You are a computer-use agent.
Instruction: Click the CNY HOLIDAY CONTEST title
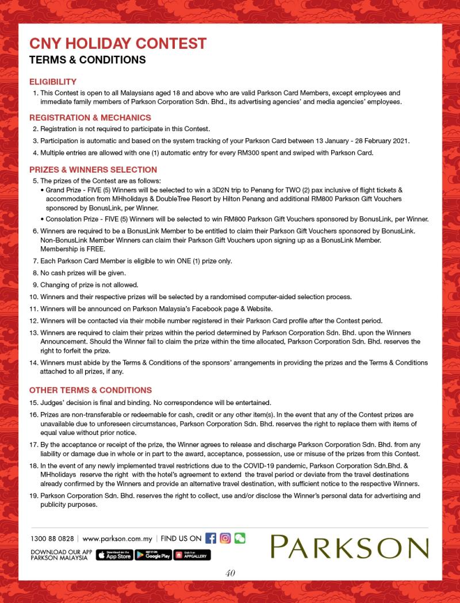coord(117,43)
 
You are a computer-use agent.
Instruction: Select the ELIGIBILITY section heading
coord(52,82)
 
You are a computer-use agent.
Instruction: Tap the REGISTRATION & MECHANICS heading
coord(90,117)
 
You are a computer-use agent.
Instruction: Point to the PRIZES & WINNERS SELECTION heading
coord(93,170)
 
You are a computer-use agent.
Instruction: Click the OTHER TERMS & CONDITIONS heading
coord(90,390)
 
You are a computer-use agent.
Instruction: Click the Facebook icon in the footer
coord(210,539)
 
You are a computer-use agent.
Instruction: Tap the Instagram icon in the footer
coord(225,539)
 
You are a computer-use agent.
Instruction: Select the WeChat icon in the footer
coord(239,539)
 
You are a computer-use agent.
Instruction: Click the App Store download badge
coord(114,555)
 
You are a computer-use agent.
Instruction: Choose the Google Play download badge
coord(154,555)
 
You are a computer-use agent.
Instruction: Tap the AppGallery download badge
coord(193,555)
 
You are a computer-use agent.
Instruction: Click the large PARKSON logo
coord(350,547)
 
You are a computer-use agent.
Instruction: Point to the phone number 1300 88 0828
coord(52,539)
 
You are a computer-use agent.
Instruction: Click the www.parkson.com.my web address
coord(117,539)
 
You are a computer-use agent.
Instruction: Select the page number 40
coord(230,573)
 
